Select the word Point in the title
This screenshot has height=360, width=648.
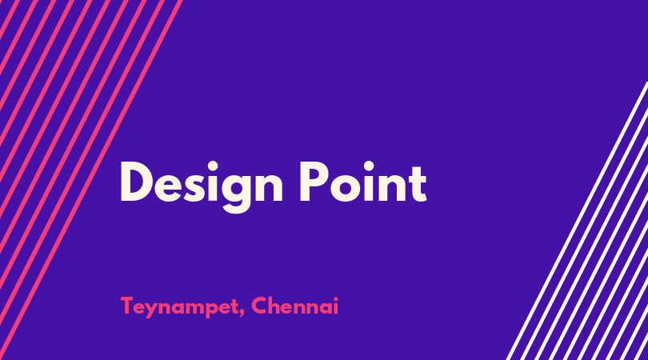coord(363,182)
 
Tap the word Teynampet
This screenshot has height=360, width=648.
coord(180,307)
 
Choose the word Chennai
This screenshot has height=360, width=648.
coord(294,306)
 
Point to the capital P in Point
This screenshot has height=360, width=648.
coord(312,182)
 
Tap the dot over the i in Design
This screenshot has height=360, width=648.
coord(213,166)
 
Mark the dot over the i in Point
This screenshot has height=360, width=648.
coord(368,166)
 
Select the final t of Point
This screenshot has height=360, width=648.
coord(418,184)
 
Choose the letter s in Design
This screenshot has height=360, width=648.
coord(194,188)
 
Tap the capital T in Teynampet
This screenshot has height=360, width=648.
coord(127,306)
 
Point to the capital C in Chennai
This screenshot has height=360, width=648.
coord(259,306)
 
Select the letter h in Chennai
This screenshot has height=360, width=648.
coord(276,306)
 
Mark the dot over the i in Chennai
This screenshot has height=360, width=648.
coord(336,298)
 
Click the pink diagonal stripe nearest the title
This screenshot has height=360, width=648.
coord(91,180)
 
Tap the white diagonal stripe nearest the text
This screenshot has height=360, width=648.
coord(577,221)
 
